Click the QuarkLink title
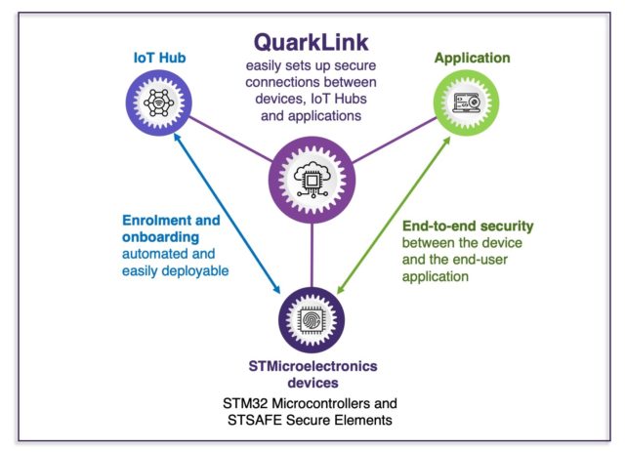tap(312, 43)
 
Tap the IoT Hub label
tap(159, 58)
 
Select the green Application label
tap(473, 58)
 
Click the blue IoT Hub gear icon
tap(158, 103)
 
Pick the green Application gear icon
tap(467, 103)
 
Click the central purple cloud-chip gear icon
tap(312, 181)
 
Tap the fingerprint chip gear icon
tap(312, 320)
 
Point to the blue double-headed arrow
tap(228, 214)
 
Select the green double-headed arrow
tap(394, 215)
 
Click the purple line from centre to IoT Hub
tap(230, 139)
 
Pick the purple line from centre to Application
tap(395, 140)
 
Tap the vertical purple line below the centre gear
tap(312, 256)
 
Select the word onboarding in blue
tap(160, 237)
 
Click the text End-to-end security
tap(468, 226)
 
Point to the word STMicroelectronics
tap(312, 366)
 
